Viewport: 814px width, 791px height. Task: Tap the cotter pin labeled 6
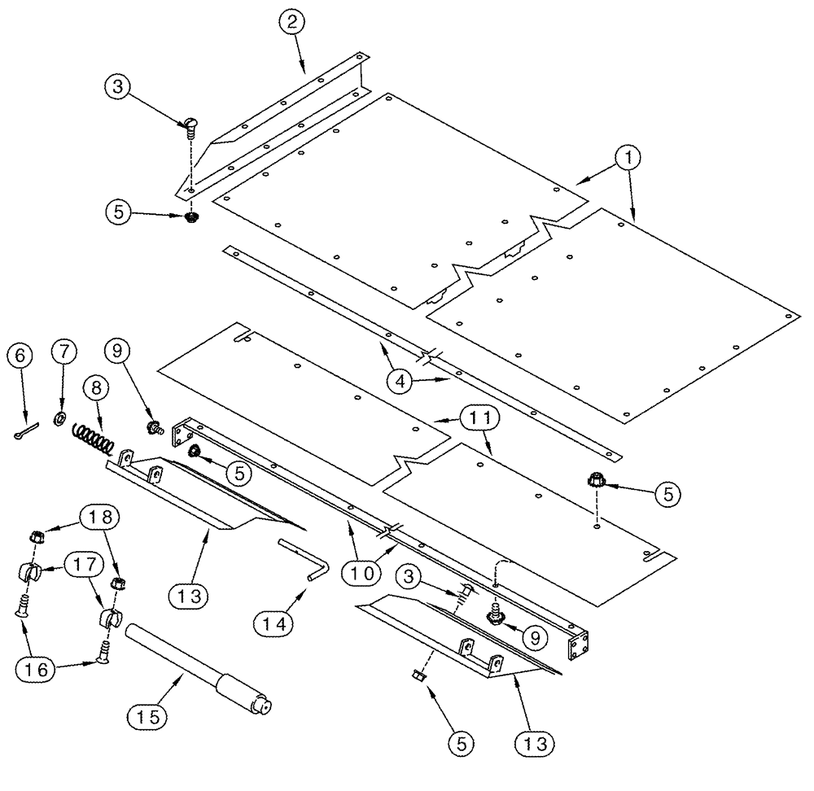25,432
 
